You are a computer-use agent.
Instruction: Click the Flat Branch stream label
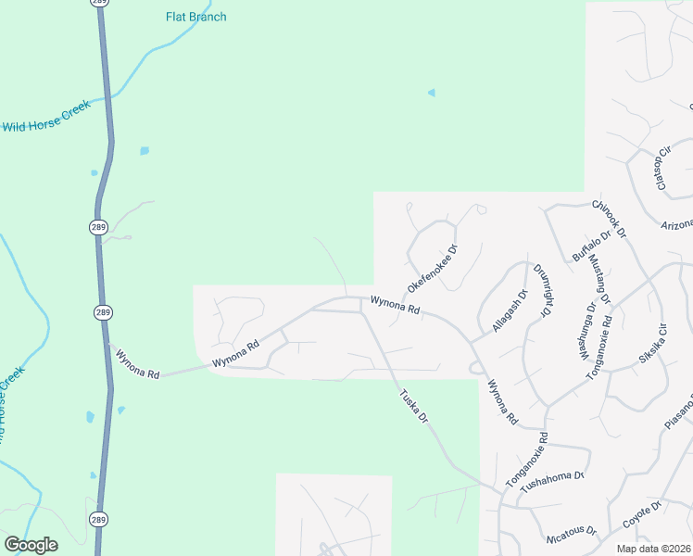click(x=195, y=17)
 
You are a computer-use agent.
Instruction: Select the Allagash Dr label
click(x=509, y=311)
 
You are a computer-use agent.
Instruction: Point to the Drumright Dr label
click(x=543, y=290)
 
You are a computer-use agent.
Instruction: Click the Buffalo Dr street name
click(x=591, y=246)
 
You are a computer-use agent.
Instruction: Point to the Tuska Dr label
click(x=413, y=405)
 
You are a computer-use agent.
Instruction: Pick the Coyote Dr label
click(x=641, y=515)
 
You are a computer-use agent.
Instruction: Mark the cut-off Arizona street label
click(x=677, y=225)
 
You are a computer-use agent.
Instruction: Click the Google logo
click(x=31, y=545)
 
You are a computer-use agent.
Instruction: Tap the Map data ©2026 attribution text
click(x=652, y=549)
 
